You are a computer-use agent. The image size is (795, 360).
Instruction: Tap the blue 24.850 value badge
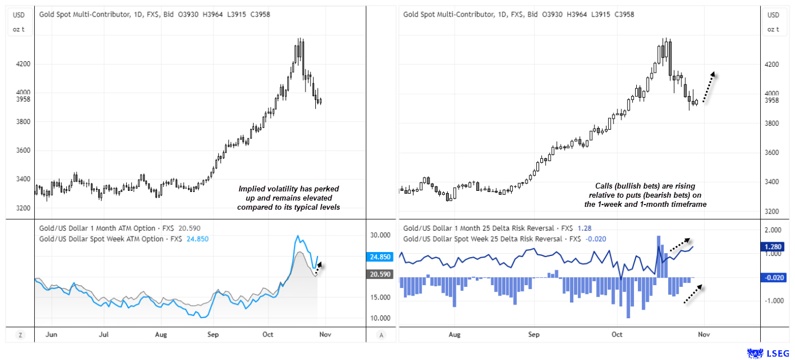click(x=381, y=257)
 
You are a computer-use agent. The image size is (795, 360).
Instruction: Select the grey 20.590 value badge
click(x=381, y=274)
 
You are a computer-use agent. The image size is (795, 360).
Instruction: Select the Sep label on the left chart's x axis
click(x=212, y=335)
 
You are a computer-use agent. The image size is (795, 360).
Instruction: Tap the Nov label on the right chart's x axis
click(x=704, y=335)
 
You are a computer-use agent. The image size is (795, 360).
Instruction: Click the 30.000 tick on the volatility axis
click(x=381, y=235)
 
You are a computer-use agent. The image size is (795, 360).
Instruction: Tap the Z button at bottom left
click(x=20, y=335)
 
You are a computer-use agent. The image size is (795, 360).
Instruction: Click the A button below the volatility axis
click(x=381, y=335)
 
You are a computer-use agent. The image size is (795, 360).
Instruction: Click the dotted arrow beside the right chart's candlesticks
click(x=708, y=87)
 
